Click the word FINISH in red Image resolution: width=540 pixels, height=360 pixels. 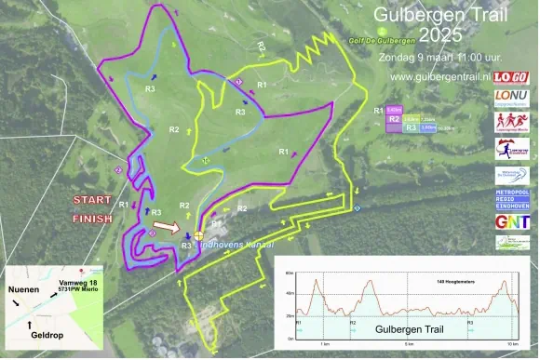pos(92,220)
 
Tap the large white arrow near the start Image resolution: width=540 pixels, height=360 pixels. pos(168,226)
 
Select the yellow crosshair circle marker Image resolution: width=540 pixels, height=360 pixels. pos(198,234)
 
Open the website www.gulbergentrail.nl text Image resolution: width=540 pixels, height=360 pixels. pos(441,76)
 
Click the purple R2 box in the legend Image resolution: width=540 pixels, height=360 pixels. pos(394,119)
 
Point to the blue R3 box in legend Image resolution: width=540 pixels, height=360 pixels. pos(411,128)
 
